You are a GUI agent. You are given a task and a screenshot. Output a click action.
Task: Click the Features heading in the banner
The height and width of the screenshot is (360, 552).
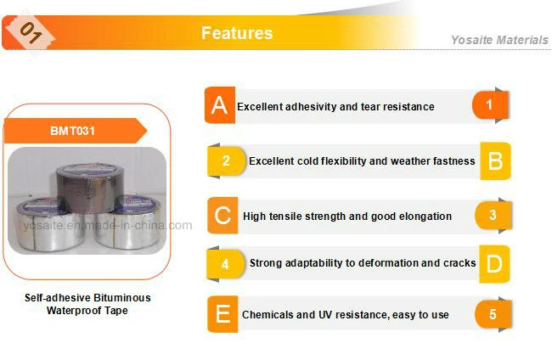[x=237, y=33]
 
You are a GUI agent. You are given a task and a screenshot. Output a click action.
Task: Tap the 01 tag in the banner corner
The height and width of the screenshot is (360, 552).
[x=31, y=33]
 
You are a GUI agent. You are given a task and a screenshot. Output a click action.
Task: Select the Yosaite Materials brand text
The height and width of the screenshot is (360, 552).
[x=499, y=40]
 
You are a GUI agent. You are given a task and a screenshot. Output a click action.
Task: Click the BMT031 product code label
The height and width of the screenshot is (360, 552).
[x=72, y=131]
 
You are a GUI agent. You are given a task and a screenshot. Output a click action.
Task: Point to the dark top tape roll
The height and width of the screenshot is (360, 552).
[x=90, y=188]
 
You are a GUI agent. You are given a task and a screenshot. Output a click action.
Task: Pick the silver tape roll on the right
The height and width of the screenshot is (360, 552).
[x=130, y=222]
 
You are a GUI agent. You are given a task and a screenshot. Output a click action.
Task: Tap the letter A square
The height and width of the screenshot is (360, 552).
[x=220, y=105]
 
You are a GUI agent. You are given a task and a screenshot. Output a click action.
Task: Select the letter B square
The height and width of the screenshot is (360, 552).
[x=495, y=160]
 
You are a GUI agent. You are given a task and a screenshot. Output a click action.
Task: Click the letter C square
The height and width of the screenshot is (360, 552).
[x=222, y=216]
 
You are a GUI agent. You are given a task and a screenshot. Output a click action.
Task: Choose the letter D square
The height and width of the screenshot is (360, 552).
[x=494, y=263]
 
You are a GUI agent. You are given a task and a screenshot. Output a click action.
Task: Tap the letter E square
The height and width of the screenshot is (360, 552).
[x=222, y=314]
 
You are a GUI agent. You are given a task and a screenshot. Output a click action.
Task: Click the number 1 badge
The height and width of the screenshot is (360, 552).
[x=490, y=105]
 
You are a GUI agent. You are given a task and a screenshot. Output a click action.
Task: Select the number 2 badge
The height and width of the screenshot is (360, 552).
[x=227, y=161]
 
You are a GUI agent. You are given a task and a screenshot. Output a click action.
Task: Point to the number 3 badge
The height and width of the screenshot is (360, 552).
[x=493, y=215]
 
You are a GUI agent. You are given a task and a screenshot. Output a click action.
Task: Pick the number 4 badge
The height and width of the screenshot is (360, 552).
[x=226, y=264]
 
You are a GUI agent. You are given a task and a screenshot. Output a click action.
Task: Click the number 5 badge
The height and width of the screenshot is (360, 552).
[x=493, y=314]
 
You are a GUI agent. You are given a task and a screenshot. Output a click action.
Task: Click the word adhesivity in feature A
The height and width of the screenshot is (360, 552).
[x=311, y=107]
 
